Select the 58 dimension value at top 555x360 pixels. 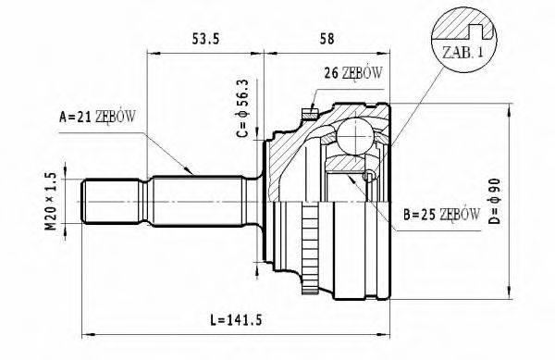327,38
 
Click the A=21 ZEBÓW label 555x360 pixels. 97,117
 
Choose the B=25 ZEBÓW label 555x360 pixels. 441,214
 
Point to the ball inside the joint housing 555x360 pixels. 352,136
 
